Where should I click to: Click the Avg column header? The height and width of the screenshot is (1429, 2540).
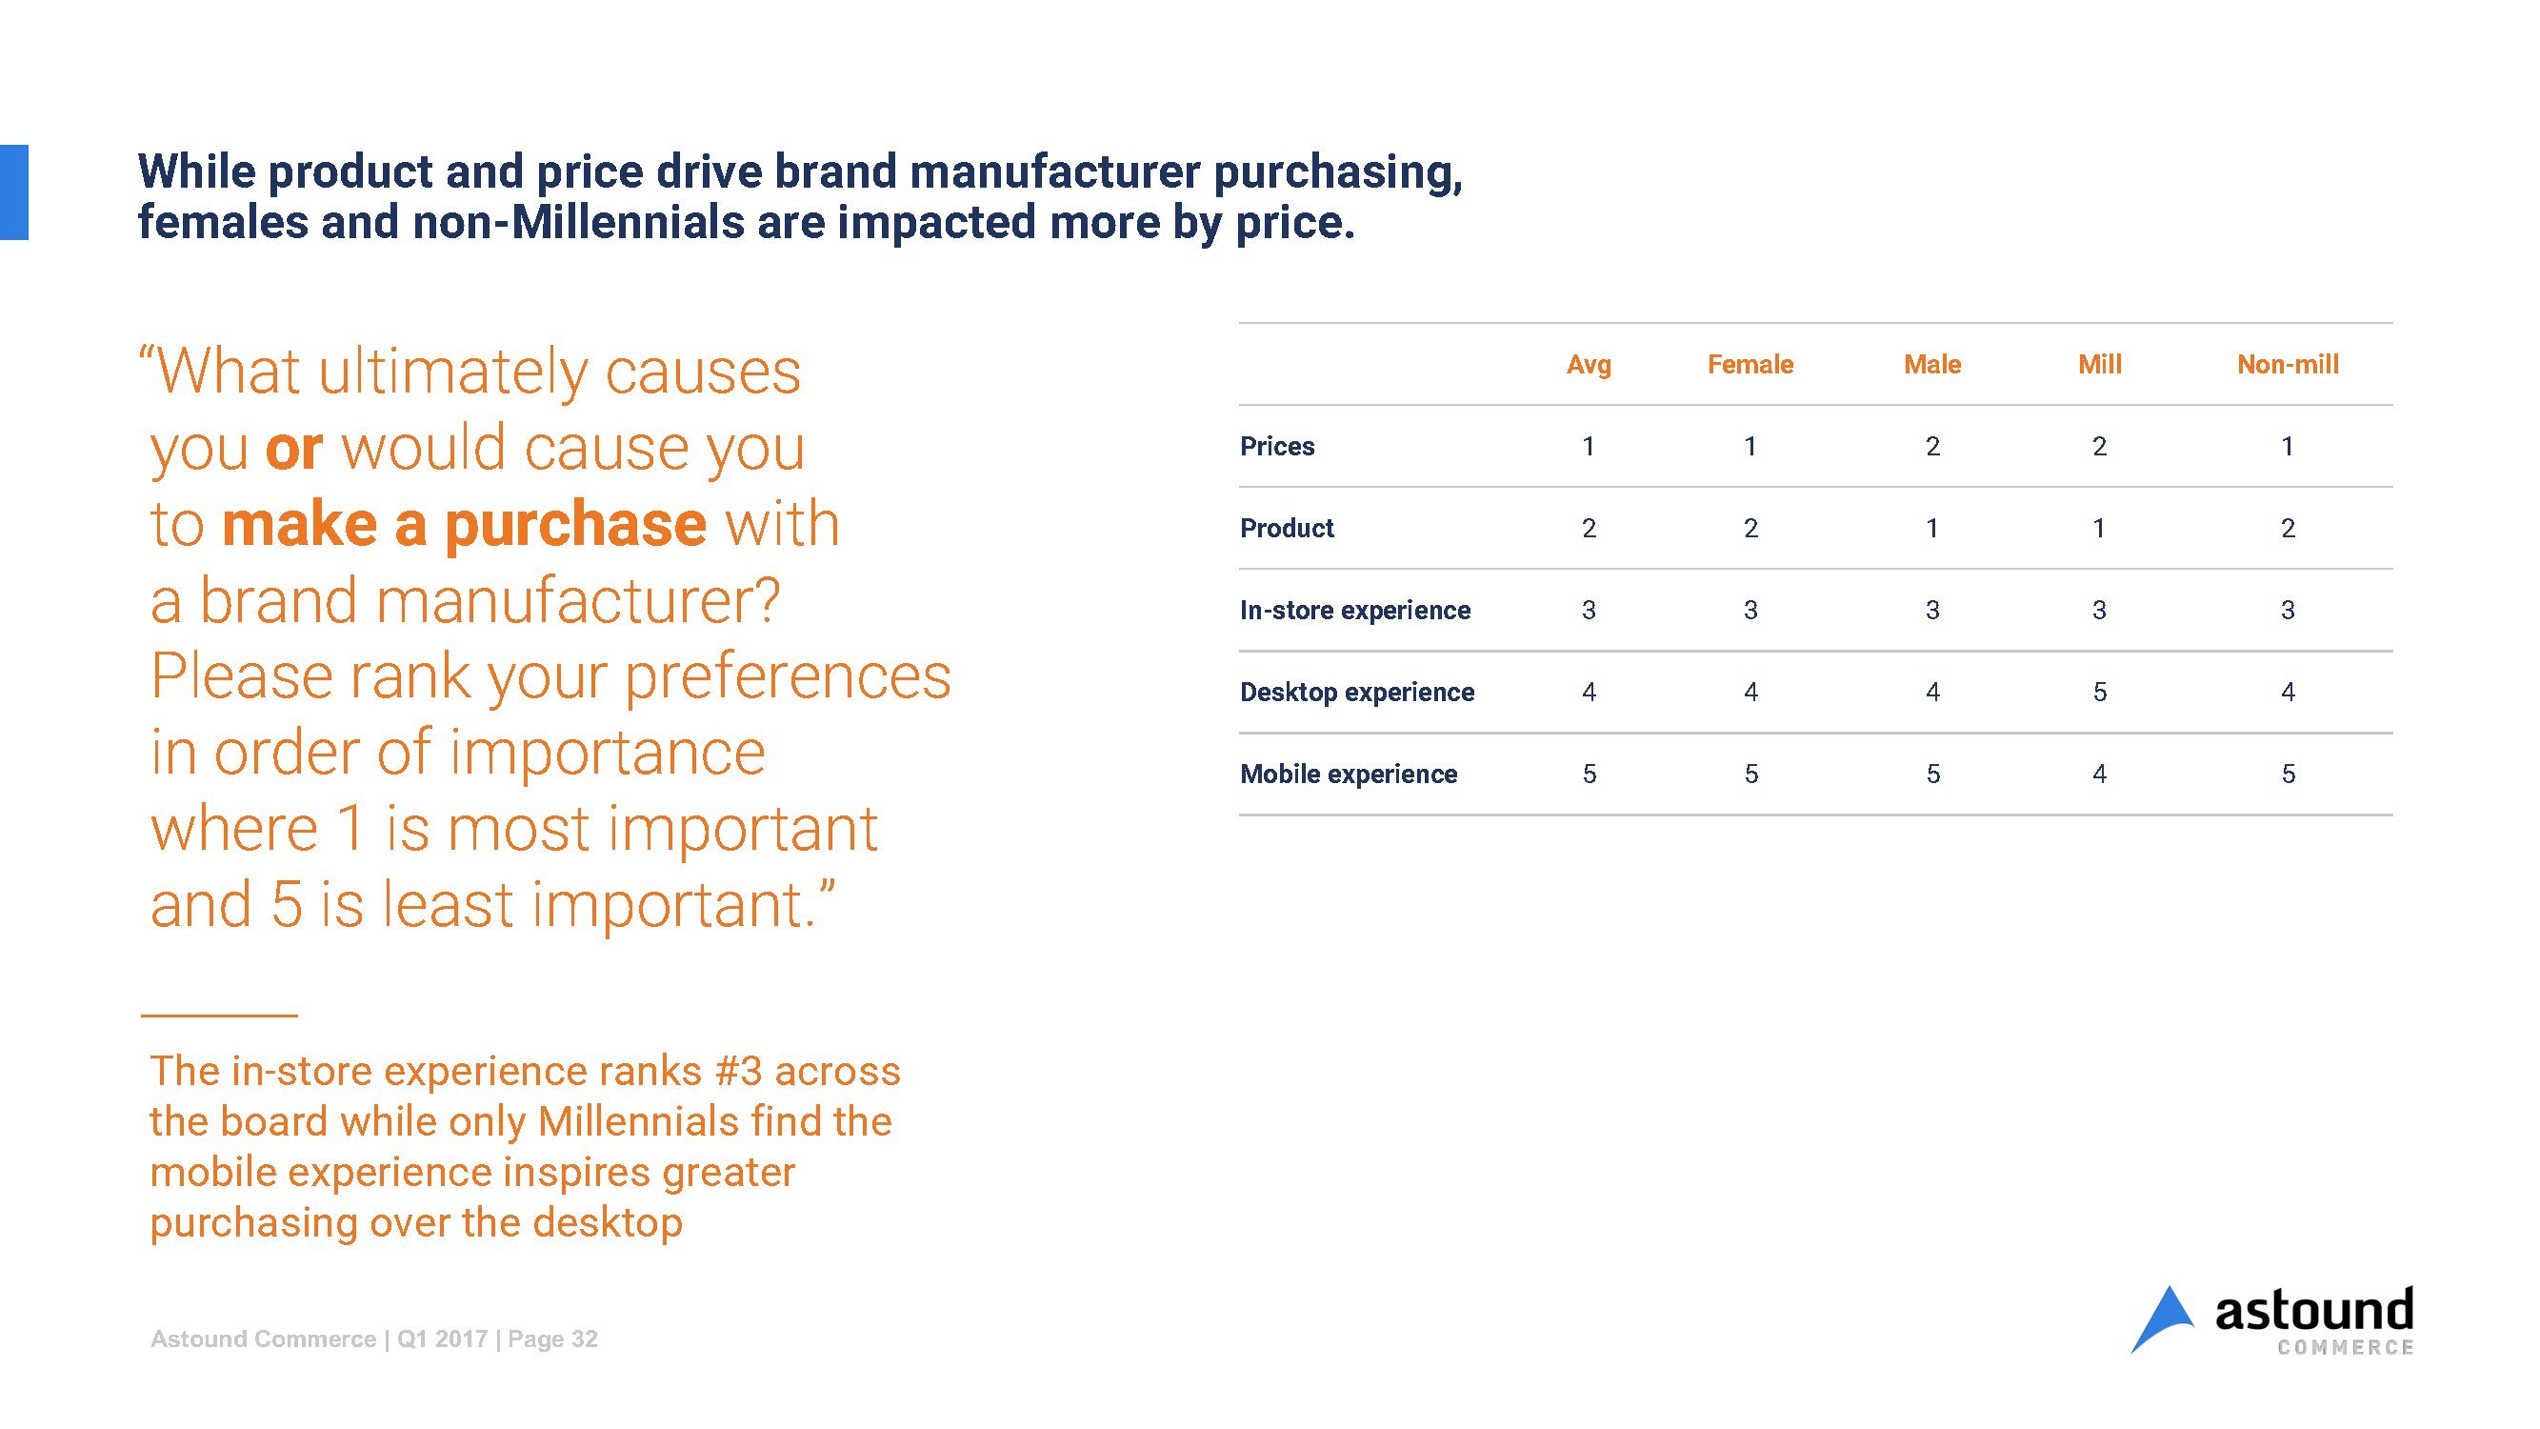coord(1589,365)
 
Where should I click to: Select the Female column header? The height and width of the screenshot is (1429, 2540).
coord(1750,365)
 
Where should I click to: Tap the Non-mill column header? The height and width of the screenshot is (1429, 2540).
coord(2288,365)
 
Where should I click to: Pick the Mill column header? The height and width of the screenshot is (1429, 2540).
coord(2099,365)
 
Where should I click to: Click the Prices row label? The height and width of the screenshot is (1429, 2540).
coord(1277,447)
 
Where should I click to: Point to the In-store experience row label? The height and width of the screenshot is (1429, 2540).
coord(1355,611)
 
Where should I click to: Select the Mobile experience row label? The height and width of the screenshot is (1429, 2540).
coord(1348,775)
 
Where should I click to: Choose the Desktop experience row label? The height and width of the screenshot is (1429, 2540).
coord(1357,693)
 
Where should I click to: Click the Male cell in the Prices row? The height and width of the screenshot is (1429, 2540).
coord(1932,447)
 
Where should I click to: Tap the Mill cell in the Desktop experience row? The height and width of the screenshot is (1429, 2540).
coord(2099,693)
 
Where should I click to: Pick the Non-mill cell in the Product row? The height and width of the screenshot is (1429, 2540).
coord(2288,529)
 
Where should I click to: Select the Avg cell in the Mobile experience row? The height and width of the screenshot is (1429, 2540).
coord(1589,775)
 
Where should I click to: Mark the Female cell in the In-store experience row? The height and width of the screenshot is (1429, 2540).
coord(1750,611)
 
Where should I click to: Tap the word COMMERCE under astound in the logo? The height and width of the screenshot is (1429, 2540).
coord(2345,1347)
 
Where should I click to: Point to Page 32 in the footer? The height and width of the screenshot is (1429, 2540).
coord(552,1339)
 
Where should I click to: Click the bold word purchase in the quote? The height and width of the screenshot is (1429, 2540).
coord(576,525)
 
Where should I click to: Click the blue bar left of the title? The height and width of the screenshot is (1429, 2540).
coord(13,192)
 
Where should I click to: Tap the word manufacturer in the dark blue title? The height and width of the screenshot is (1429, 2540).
coord(1054,171)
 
